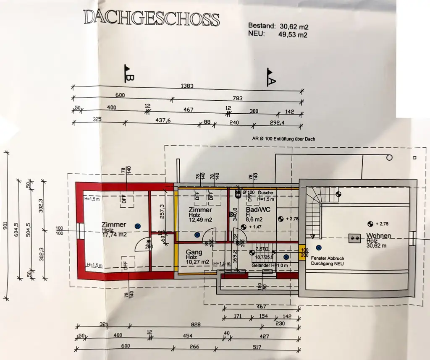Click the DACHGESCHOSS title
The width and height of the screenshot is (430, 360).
[x=151, y=18]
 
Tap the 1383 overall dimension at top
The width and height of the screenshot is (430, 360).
[x=187, y=86]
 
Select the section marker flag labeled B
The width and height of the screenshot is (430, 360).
[x=128, y=73]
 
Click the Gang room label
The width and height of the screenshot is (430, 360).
[x=194, y=253]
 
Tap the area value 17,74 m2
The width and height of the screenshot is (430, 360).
[x=114, y=235]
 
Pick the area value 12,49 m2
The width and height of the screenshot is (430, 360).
[x=200, y=220]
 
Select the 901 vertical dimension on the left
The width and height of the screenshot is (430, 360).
[x=5, y=225]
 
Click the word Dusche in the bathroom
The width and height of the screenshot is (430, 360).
[x=265, y=193]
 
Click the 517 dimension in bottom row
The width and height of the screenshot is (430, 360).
[x=256, y=347]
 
